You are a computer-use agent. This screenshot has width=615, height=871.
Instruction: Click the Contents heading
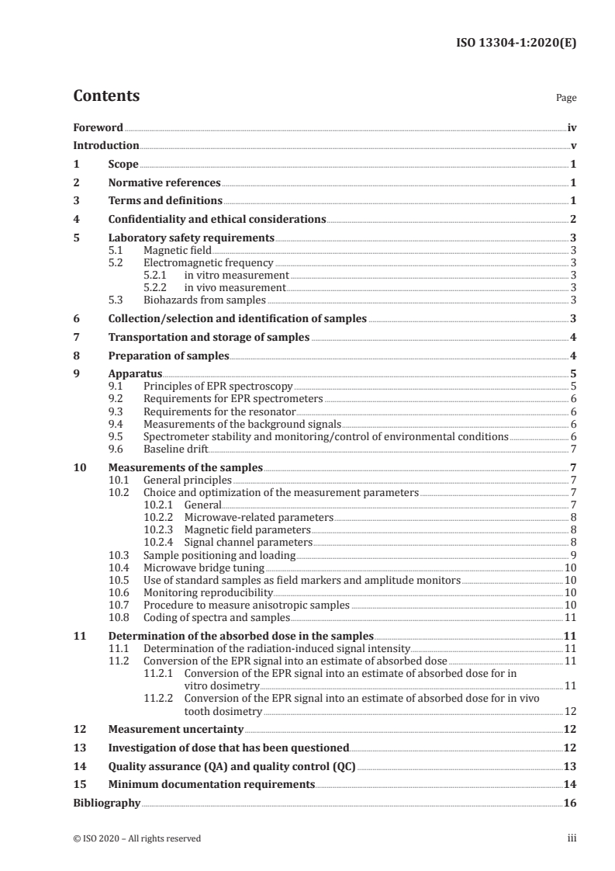pyautogui.click(x=106, y=97)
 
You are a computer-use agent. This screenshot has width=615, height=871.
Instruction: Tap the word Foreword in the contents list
pyautogui.click(x=98, y=127)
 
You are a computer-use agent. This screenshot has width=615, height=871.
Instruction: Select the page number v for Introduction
pyautogui.click(x=573, y=146)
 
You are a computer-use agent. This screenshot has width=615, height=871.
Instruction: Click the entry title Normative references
pyautogui.click(x=164, y=183)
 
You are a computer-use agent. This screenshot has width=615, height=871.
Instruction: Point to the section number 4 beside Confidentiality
pyautogui.click(x=76, y=220)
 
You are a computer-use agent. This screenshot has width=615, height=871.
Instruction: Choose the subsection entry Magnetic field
pyautogui.click(x=177, y=251)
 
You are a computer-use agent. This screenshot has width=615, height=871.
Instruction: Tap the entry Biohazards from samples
pyautogui.click(x=205, y=300)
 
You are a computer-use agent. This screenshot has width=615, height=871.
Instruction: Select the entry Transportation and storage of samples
pyautogui.click(x=209, y=338)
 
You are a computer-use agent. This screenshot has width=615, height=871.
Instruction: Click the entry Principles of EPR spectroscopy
pyautogui.click(x=218, y=387)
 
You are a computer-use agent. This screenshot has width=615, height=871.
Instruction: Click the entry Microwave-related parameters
pyautogui.click(x=258, y=517)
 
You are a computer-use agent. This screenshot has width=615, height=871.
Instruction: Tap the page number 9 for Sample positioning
pyautogui.click(x=573, y=555)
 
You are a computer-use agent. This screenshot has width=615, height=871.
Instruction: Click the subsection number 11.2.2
pyautogui.click(x=158, y=699)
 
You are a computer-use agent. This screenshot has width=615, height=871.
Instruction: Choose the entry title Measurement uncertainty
pyautogui.click(x=175, y=730)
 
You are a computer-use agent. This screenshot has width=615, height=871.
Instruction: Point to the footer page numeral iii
pyautogui.click(x=572, y=838)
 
